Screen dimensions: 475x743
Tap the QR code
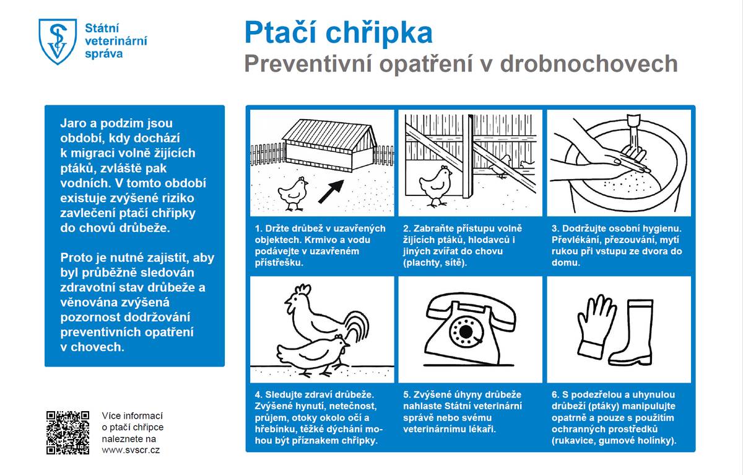point(68,432)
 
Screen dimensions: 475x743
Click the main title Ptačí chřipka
point(338,32)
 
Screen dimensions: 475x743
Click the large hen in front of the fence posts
point(435,182)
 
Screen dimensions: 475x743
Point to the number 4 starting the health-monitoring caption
point(258,394)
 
